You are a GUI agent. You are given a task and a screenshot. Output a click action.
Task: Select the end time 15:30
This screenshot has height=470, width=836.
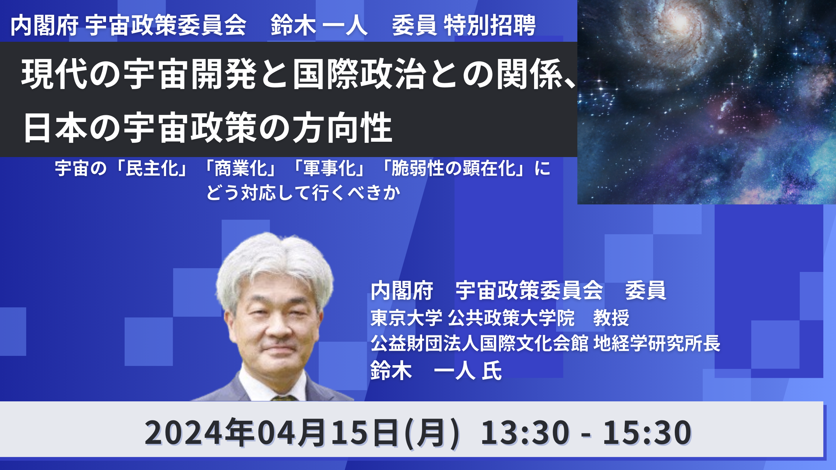tap(647, 432)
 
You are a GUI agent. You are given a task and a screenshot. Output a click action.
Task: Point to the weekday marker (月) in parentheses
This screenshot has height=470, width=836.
tap(433, 433)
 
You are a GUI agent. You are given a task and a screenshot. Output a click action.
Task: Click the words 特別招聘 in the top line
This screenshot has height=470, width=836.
tap(490, 26)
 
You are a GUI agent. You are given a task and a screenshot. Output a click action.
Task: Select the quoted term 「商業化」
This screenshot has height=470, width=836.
tap(240, 168)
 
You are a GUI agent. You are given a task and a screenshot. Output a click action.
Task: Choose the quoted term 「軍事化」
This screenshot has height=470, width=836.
tap(329, 168)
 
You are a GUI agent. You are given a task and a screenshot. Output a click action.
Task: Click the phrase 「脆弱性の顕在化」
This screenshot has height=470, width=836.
tap(453, 168)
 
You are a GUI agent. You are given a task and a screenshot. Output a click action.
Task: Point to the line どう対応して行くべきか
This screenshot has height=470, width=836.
tap(303, 193)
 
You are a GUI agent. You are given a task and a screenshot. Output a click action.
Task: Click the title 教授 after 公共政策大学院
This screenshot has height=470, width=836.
tap(611, 318)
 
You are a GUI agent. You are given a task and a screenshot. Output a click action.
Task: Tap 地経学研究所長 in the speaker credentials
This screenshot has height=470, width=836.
tap(657, 343)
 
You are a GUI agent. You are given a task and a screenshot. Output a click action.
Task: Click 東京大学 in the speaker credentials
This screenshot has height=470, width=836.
tap(406, 318)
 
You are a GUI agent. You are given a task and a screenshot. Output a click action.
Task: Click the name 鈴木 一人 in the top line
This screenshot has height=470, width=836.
tap(319, 26)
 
